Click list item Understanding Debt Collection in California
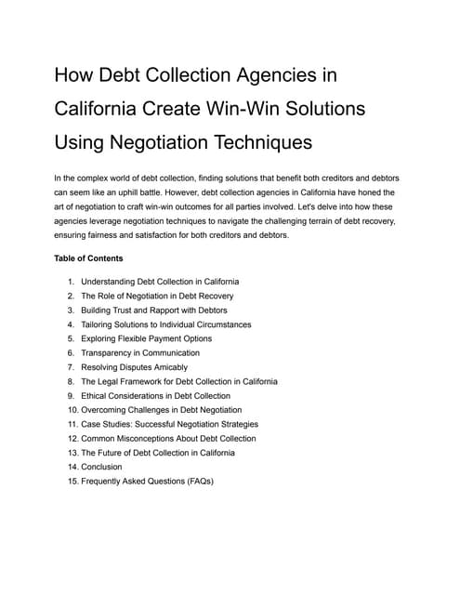pyautogui.click(x=160, y=281)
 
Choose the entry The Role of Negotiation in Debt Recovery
pyautogui.click(x=157, y=296)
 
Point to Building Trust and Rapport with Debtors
pyautogui.click(x=153, y=310)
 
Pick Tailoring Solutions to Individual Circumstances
pyautogui.click(x=165, y=324)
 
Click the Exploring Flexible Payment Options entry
pyautogui.click(x=146, y=338)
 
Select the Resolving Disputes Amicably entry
pyautogui.click(x=134, y=367)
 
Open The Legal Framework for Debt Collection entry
pyautogui.click(x=179, y=381)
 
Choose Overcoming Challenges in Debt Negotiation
pyautogui.click(x=161, y=410)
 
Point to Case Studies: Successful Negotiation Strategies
pyautogui.click(x=169, y=424)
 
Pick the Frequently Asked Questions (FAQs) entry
pyautogui.click(x=147, y=482)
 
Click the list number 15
pyautogui.click(x=71, y=482)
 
